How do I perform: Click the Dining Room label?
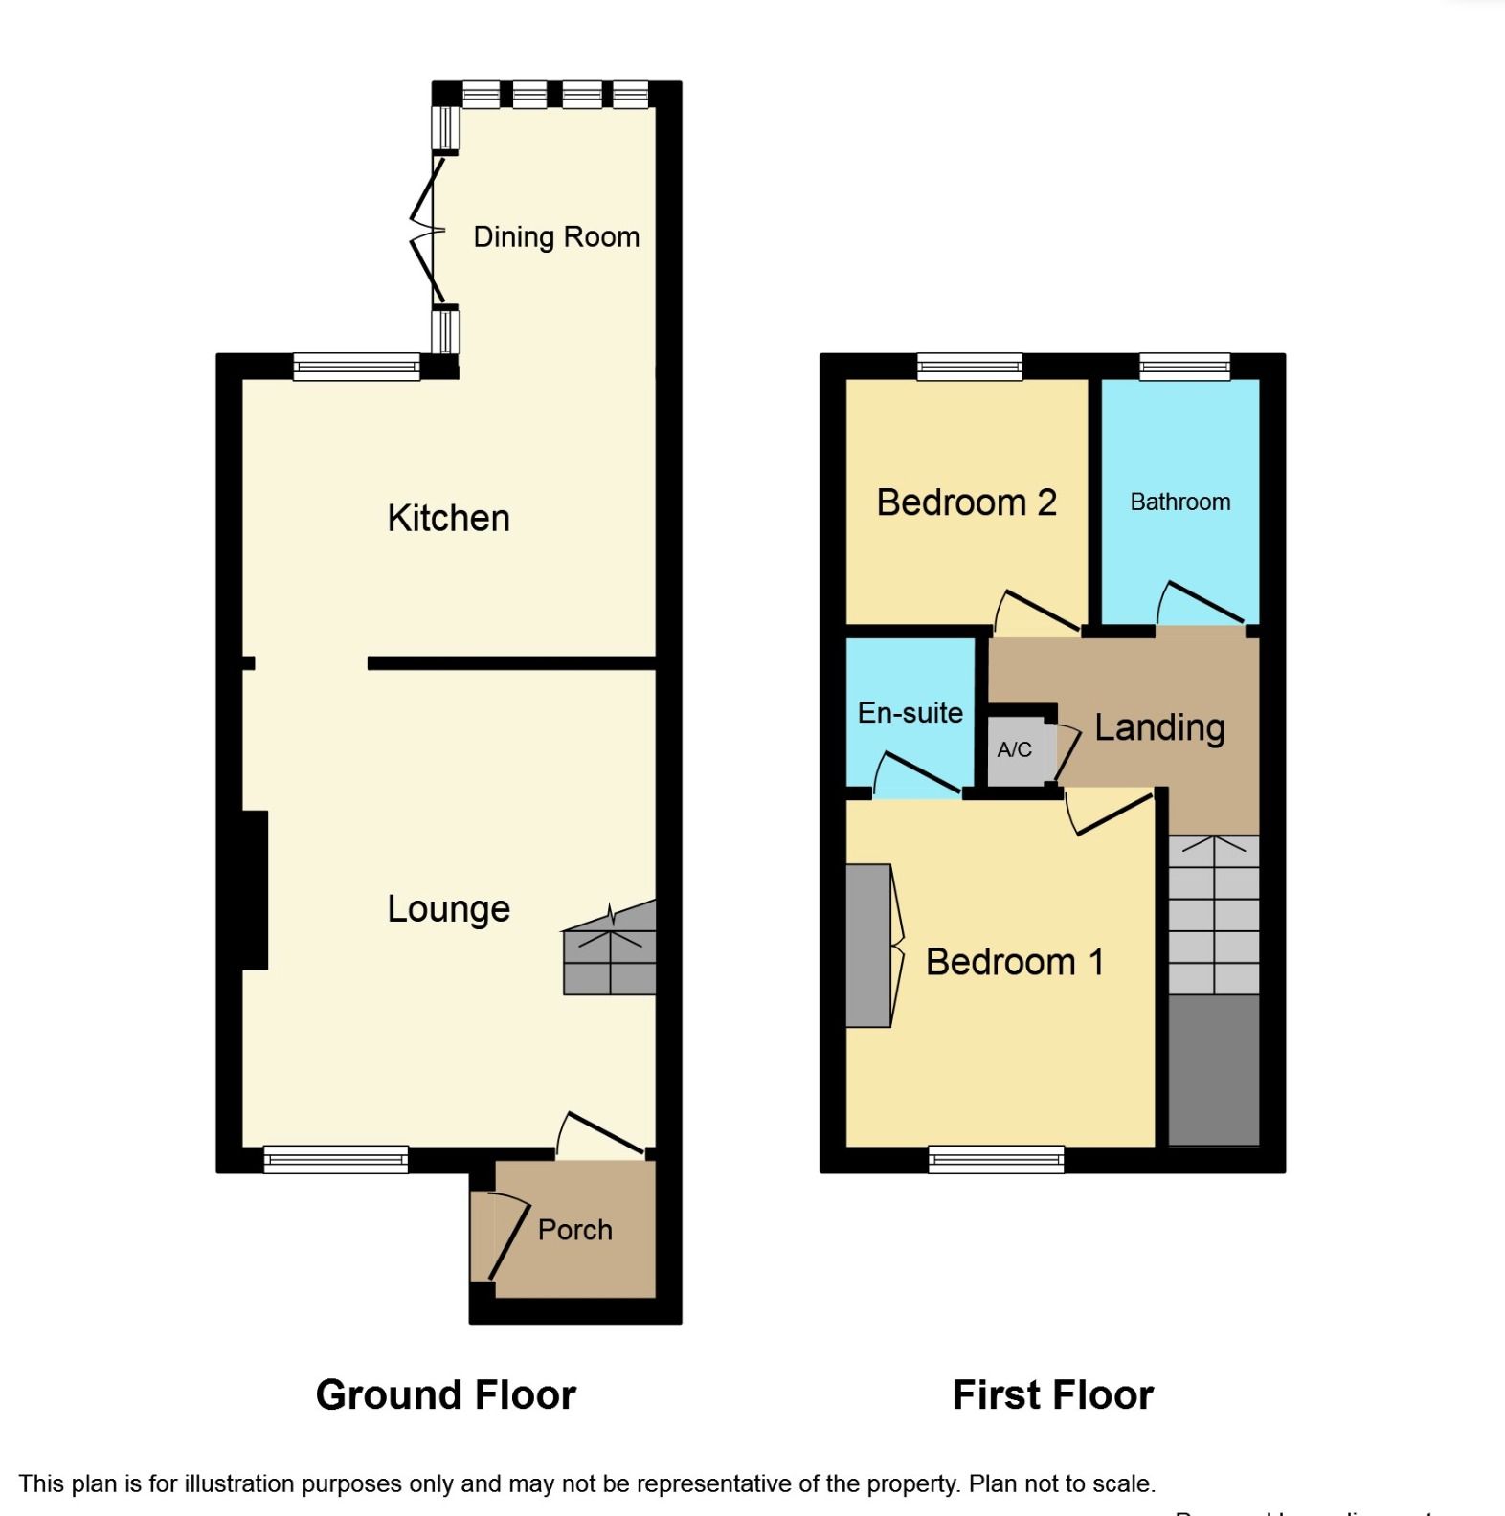(x=556, y=236)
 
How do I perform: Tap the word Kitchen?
(x=448, y=518)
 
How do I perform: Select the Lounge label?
(x=448, y=908)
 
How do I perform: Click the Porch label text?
(x=574, y=1230)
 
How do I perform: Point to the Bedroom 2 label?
(x=966, y=502)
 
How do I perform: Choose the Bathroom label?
(x=1179, y=502)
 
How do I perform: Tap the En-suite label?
(x=910, y=713)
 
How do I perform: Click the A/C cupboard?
(x=1016, y=750)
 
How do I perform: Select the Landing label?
(x=1159, y=727)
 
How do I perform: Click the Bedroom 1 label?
(x=1014, y=962)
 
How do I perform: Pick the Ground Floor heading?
(x=446, y=1395)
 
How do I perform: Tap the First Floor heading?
(x=1053, y=1395)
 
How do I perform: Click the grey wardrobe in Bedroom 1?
(x=868, y=946)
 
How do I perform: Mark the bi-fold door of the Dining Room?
(x=428, y=231)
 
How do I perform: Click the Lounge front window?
(x=336, y=1159)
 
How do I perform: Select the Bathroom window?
(x=1184, y=367)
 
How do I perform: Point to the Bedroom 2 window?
(x=969, y=367)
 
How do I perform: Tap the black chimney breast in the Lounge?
(x=255, y=890)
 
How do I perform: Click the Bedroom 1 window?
(x=997, y=1159)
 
